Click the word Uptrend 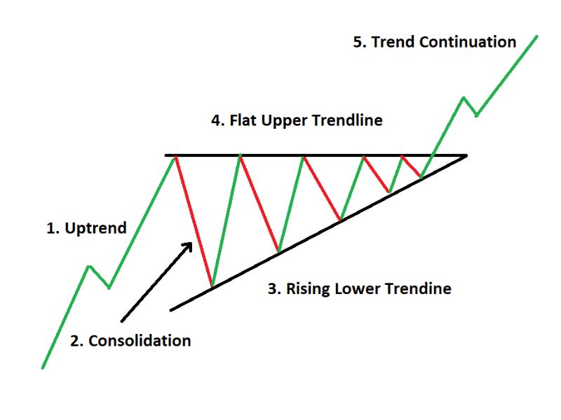coord(96,228)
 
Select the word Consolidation coord(140,341)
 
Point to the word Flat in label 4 coord(243,120)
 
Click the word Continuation coord(468,42)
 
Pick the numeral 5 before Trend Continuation coord(358,42)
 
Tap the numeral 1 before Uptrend coord(51,229)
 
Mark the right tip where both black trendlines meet coord(466,155)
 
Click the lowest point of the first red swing coord(212,286)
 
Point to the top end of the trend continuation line coord(536,36)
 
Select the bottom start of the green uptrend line coord(43,367)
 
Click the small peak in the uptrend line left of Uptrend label coord(89,267)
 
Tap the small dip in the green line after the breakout coord(477,115)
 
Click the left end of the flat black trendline coord(166,155)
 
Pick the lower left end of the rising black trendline coord(171,310)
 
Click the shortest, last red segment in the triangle coord(412,167)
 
